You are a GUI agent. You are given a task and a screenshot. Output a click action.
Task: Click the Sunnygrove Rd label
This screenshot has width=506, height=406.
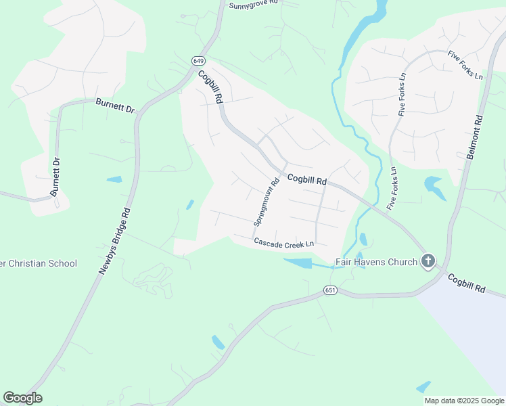click(254, 4)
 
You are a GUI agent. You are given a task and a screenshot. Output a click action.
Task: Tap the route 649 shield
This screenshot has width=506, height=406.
click(198, 61)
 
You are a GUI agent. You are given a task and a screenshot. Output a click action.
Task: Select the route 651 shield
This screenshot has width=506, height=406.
click(329, 290)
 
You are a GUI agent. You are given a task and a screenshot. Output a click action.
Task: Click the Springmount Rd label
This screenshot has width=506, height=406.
click(267, 202)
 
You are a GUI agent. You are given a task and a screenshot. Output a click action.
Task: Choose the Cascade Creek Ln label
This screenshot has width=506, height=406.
click(284, 243)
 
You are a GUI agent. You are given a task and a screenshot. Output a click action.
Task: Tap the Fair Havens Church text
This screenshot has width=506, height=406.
click(377, 262)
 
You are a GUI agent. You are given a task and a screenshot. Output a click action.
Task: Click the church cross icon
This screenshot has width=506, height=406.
click(428, 261)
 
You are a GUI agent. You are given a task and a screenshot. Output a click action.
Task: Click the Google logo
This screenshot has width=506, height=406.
click(22, 398)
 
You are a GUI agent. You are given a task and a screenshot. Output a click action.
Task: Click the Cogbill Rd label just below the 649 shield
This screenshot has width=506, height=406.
click(210, 87)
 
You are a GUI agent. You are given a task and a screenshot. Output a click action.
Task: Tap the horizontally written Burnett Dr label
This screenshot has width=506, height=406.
click(115, 106)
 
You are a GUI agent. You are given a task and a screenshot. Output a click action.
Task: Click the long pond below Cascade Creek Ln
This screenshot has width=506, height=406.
click(298, 262)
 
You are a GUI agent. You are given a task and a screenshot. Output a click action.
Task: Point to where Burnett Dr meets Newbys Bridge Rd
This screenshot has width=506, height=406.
click(139, 115)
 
